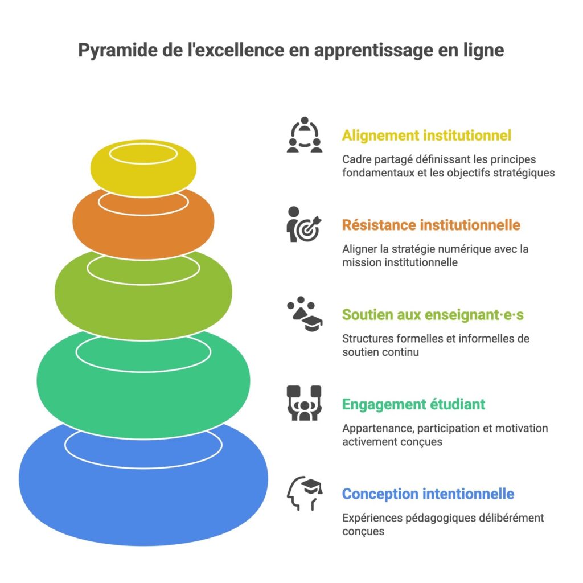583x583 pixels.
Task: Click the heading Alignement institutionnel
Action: pos(426,136)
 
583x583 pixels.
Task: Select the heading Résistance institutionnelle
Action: pos(431,225)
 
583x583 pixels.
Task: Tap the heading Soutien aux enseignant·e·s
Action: pos(433,314)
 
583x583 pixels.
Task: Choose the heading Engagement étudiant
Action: pos(413,404)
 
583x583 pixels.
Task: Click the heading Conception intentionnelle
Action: pos(428,494)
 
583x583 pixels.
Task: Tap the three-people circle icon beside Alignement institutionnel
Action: pos(304,136)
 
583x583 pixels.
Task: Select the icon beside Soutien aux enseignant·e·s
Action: pos(304,314)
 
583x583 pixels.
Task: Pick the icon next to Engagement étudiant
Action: pos(304,403)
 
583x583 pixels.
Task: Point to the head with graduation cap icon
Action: pos(304,493)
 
